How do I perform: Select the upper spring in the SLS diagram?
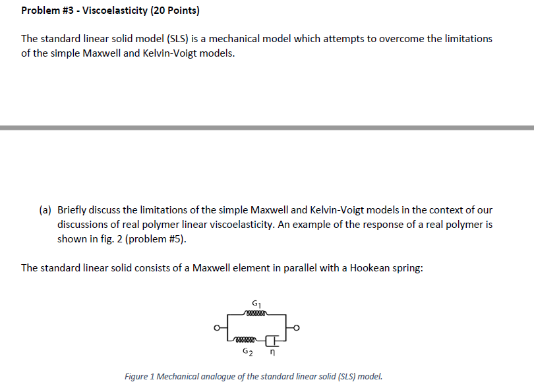pyautogui.click(x=255, y=314)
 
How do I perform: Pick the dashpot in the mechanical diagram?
pyautogui.click(x=274, y=341)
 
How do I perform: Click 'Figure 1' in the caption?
pyautogui.click(x=139, y=377)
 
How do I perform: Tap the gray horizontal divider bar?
pyautogui.click(x=267, y=127)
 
